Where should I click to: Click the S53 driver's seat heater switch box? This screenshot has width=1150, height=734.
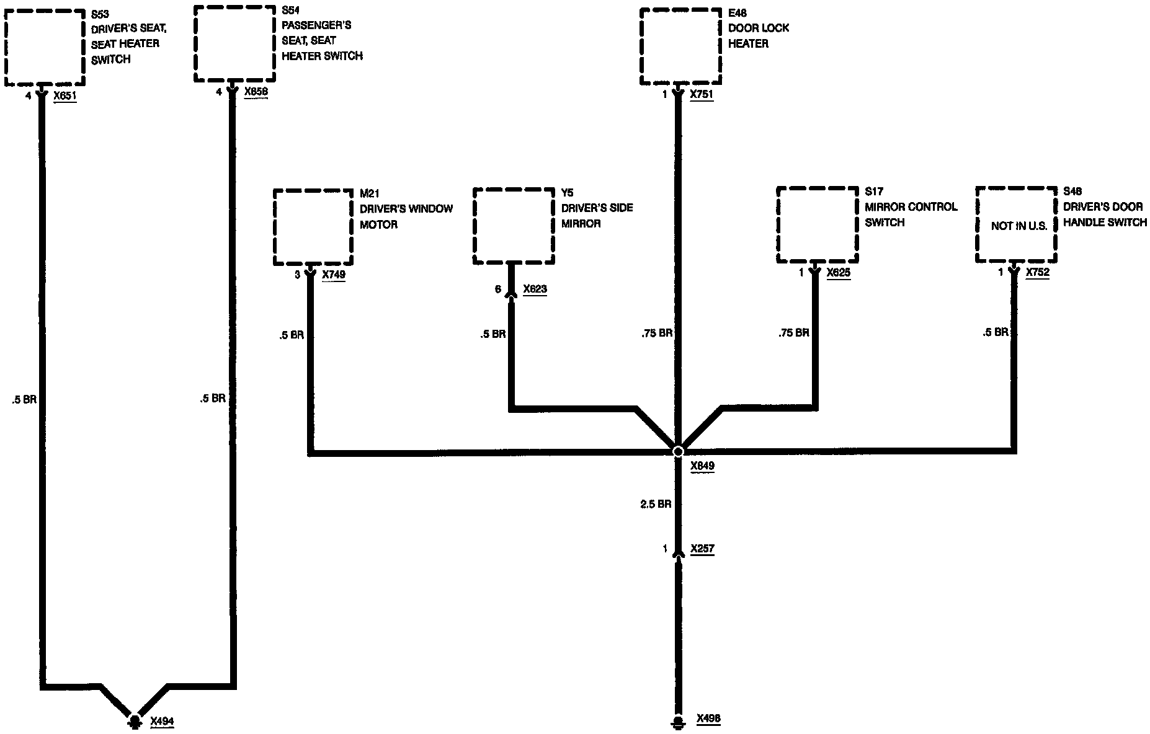[x=44, y=48]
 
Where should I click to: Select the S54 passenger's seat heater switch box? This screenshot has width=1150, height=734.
[x=234, y=43]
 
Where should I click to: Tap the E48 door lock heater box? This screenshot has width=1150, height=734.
[x=680, y=46]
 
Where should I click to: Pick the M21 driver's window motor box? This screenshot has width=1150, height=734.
[x=313, y=228]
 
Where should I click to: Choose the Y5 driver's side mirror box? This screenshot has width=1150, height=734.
[x=513, y=226]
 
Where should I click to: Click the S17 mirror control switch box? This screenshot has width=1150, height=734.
[x=818, y=225]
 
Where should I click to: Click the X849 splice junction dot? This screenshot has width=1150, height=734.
[x=678, y=451]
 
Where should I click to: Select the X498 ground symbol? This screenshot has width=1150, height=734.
[x=679, y=722]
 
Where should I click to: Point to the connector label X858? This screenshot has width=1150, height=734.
[x=256, y=92]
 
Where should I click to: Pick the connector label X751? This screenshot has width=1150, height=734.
[x=702, y=95]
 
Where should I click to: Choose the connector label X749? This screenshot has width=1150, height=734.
[x=334, y=274]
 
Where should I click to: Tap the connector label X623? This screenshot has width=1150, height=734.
[x=535, y=289]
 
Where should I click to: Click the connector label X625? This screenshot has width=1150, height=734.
[x=839, y=272]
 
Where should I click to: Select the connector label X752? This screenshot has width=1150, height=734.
[x=1038, y=272]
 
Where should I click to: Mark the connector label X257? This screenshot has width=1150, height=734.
[x=702, y=549]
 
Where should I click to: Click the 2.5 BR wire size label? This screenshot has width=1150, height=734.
[x=656, y=504]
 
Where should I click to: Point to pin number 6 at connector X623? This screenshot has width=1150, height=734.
[x=497, y=289]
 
